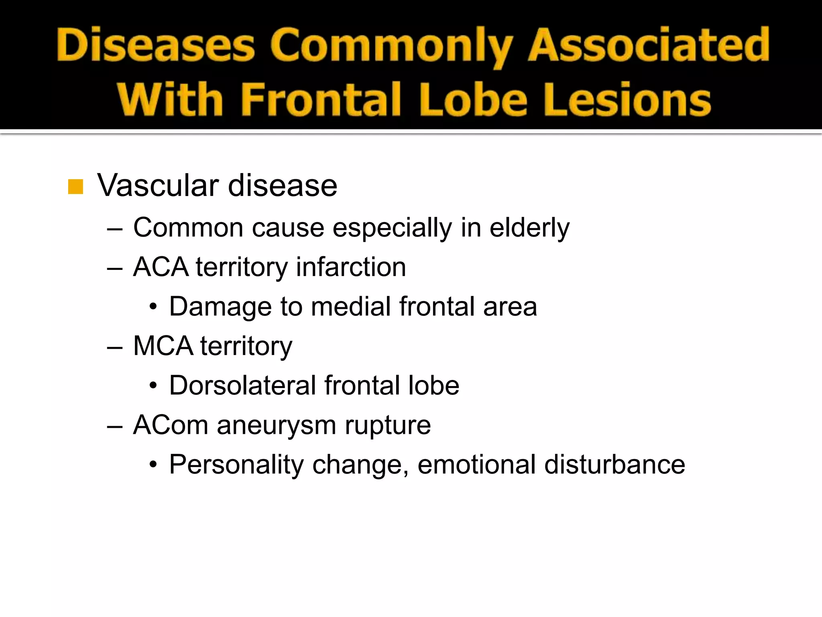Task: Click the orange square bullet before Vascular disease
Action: (x=75, y=187)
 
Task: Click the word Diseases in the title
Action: (x=156, y=45)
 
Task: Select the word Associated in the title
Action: (x=649, y=45)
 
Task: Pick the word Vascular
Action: (x=158, y=186)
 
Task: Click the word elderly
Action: (x=529, y=228)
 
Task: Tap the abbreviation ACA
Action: (x=161, y=267)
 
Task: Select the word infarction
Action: (x=351, y=267)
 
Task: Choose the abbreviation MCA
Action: (x=163, y=346)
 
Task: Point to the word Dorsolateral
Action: (x=242, y=386)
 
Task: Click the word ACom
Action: (x=171, y=425)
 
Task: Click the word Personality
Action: (x=236, y=465)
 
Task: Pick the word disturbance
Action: (x=614, y=465)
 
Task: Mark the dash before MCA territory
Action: (x=115, y=346)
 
